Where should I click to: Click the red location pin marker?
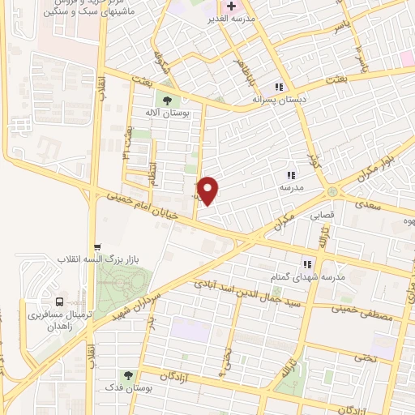coord(209,190)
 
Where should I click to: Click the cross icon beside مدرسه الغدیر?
coord(230,6)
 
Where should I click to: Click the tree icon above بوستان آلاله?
coord(166,101)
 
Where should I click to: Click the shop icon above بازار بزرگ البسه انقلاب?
coord(97,246)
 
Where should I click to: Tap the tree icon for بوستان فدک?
coord(128,374)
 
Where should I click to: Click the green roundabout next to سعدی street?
coord(332,191)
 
